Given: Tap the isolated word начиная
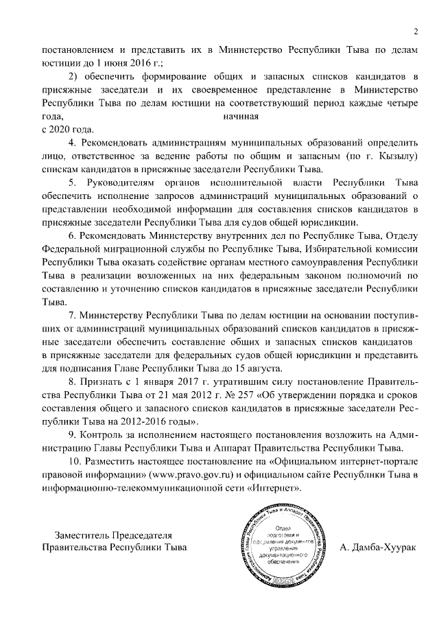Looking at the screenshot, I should tap(241, 116).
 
